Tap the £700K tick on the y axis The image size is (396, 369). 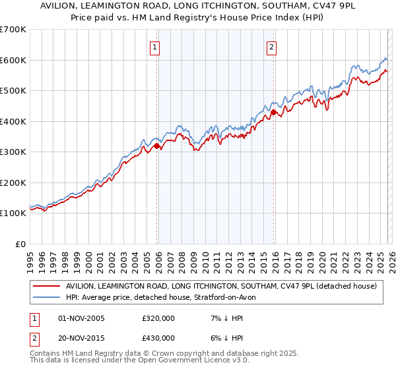(x=13, y=30)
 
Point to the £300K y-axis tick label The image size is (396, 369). (x=13, y=152)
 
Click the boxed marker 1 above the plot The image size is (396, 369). (x=154, y=46)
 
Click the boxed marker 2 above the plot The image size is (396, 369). (x=271, y=46)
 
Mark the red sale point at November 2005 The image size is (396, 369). (x=156, y=146)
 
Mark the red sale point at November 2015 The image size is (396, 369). (x=273, y=113)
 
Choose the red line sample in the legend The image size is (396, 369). (x=46, y=287)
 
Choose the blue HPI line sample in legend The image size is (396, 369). (x=46, y=298)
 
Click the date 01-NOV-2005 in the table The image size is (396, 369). (x=81, y=319)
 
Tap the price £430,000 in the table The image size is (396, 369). (x=158, y=338)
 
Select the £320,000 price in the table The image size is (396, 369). (x=158, y=319)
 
